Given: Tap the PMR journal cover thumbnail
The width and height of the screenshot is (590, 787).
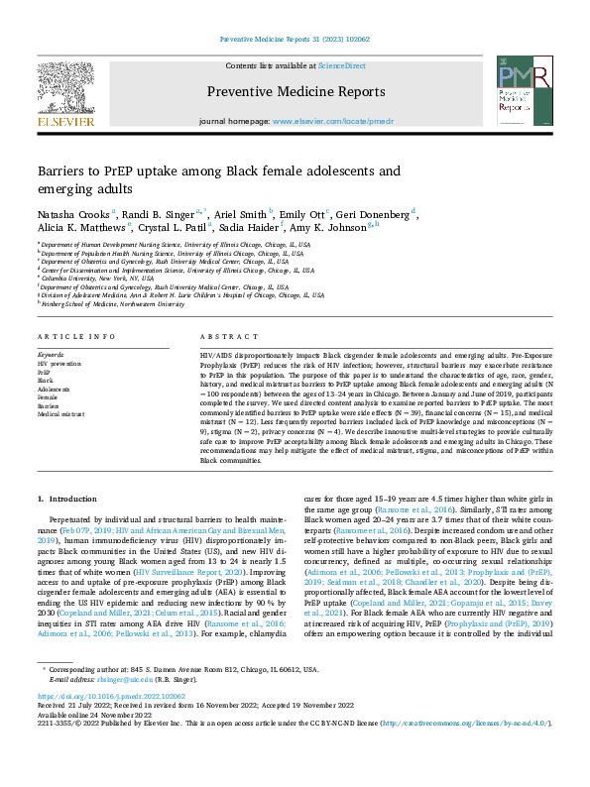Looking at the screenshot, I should pyautogui.click(x=522, y=91).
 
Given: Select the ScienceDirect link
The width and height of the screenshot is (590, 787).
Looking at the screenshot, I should pyautogui.click(x=341, y=64).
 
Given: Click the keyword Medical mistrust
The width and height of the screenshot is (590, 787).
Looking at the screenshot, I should pyautogui.click(x=61, y=413).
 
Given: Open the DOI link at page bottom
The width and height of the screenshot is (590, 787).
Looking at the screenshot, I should pyautogui.click(x=106, y=725).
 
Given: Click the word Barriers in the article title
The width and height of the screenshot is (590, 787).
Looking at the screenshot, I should pyautogui.click(x=63, y=170).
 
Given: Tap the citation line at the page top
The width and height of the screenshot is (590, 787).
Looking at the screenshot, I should pyautogui.click(x=295, y=40).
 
